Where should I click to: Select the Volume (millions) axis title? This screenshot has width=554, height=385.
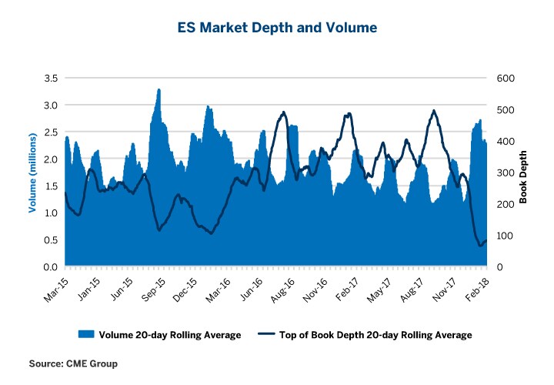tap(32, 172)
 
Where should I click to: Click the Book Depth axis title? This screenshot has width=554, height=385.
tap(522, 172)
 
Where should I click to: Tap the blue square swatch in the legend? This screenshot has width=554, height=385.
tap(85, 335)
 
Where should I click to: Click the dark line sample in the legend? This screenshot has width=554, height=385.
tap(265, 335)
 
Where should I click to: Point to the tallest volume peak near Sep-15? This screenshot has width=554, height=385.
tap(159, 89)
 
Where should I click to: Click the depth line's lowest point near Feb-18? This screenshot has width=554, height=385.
tap(481, 246)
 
